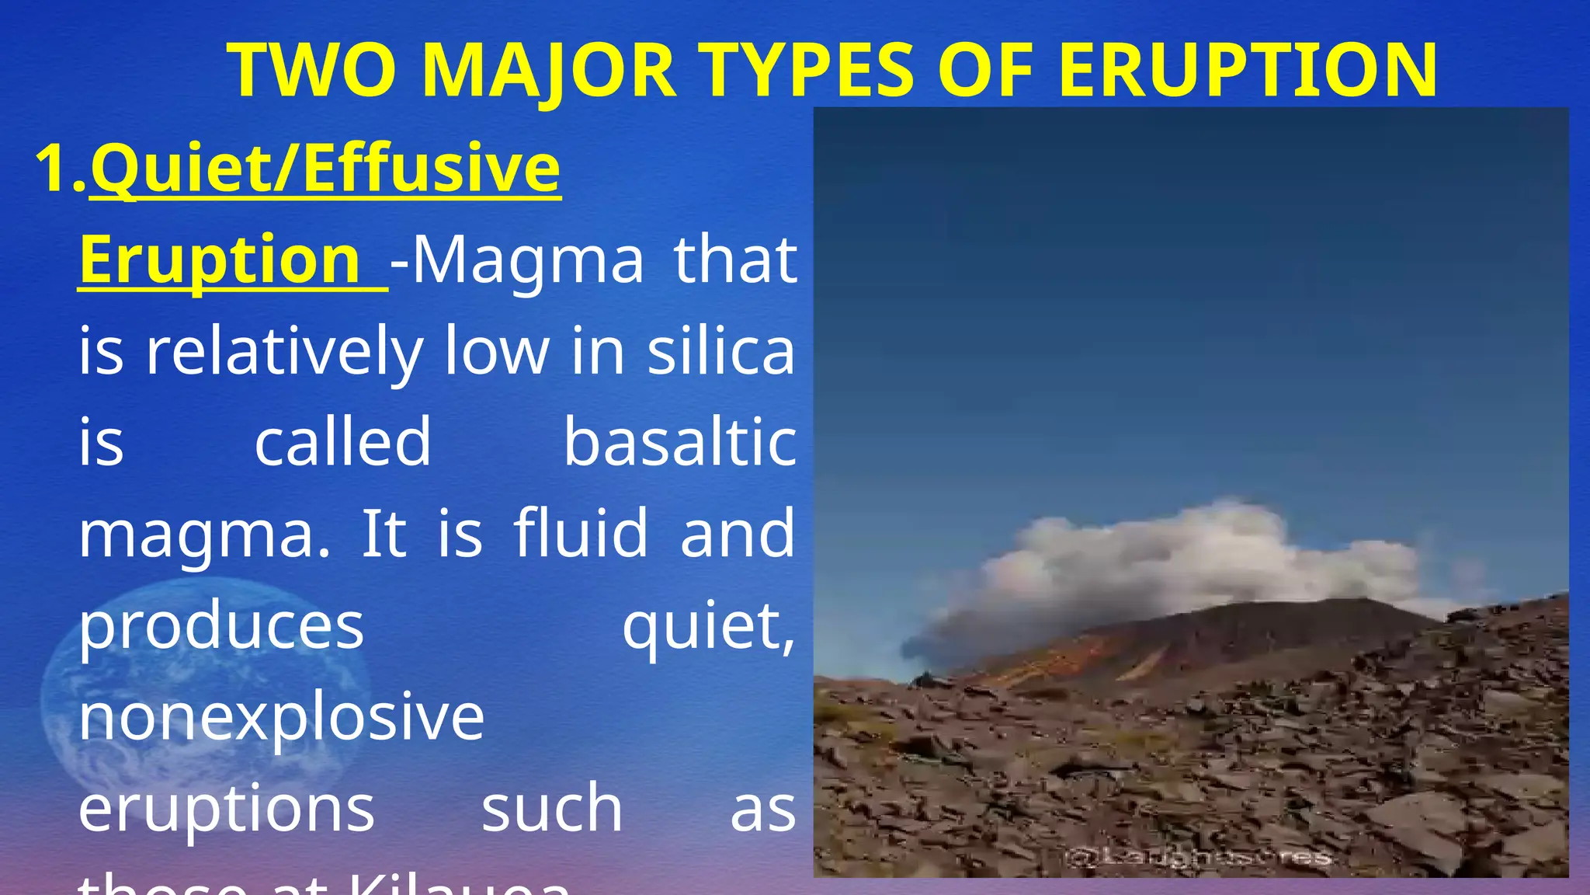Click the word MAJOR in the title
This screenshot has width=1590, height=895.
tap(548, 71)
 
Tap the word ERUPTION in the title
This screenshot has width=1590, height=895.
tap(1248, 71)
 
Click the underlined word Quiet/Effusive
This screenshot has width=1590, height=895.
tap(325, 169)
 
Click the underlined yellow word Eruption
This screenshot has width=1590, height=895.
tap(220, 259)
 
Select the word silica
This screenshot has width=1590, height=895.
tap(721, 351)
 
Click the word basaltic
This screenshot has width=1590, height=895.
tap(679, 442)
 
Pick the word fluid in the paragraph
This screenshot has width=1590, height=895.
tap(580, 534)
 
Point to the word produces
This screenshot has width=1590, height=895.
tap(221, 626)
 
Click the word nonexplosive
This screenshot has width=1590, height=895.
tap(281, 716)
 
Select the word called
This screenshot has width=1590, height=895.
tap(342, 442)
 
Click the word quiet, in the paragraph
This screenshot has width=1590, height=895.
tap(708, 626)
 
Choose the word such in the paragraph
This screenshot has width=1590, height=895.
tap(551, 808)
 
